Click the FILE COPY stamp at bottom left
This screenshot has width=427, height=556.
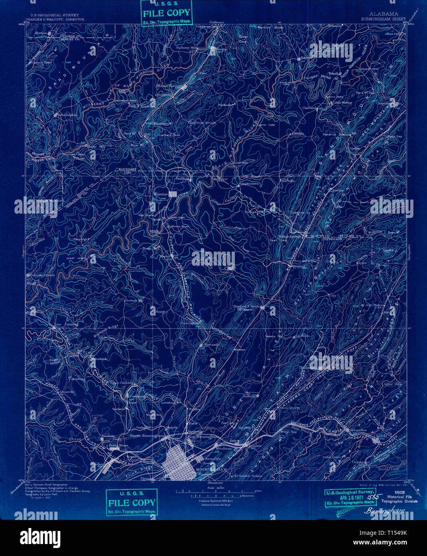point(132,502)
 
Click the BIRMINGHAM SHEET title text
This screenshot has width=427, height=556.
point(383,19)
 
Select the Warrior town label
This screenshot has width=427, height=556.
point(161,194)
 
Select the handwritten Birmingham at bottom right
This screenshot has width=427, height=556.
point(384,511)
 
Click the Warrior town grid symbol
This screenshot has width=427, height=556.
point(173,194)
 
